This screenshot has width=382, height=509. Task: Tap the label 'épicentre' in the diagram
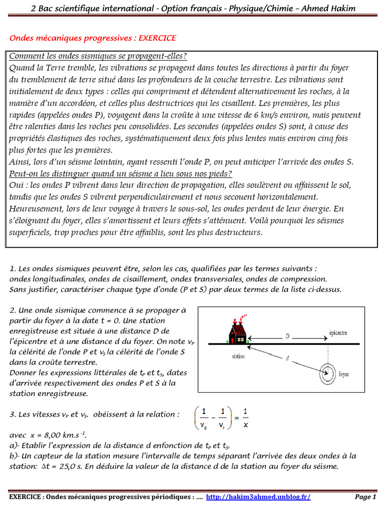coord(338,333)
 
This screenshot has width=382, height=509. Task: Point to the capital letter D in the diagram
coord(287,337)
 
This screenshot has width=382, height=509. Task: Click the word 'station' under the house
coord(239,356)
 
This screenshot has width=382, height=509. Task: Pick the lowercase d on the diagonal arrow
coord(287,358)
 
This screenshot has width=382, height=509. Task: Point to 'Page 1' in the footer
coord(365,497)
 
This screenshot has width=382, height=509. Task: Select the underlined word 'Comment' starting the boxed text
coord(25,56)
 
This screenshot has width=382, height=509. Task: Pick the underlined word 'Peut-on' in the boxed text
coord(23,173)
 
